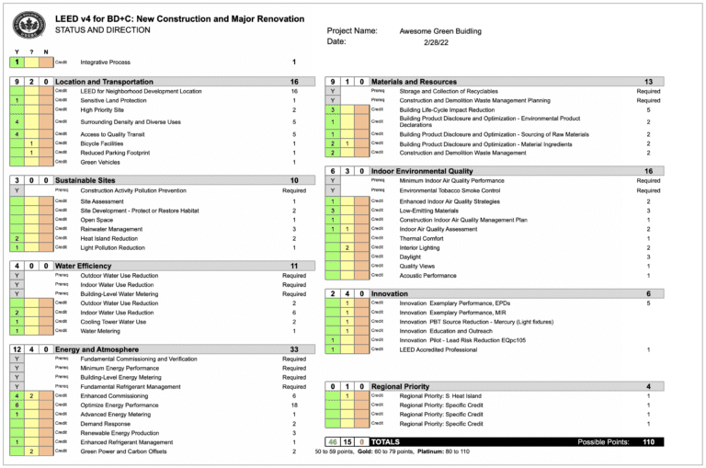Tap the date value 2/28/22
point(434,42)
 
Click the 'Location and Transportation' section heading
point(104,82)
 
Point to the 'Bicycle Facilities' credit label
point(102,143)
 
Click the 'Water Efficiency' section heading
point(85,266)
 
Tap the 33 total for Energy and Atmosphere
point(293,349)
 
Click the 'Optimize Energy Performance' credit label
point(118,405)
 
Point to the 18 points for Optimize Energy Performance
point(294,405)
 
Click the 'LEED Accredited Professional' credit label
point(439,349)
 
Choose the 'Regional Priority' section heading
point(400,386)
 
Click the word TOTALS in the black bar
point(385,442)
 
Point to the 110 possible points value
point(648,442)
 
